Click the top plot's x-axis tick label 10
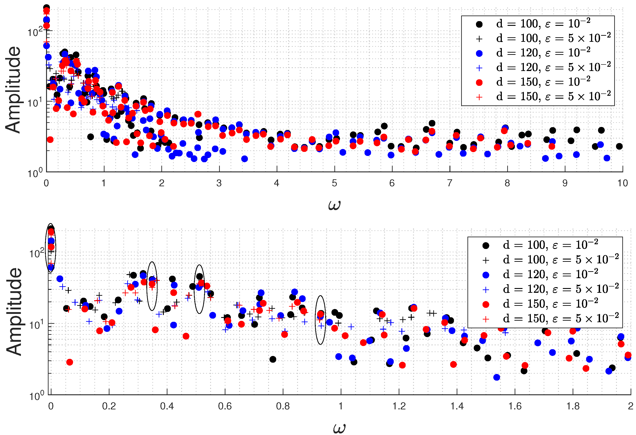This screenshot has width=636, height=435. click(622, 183)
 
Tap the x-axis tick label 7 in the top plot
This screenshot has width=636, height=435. click(449, 183)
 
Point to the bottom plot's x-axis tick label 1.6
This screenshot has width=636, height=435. click(515, 406)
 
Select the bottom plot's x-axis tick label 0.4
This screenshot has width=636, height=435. click(167, 406)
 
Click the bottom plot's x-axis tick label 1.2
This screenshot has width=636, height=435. click(399, 406)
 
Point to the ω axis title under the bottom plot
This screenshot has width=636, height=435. click(339, 428)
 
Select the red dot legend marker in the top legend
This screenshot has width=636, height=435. click(479, 83)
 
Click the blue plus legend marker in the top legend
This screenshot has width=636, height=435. click(479, 68)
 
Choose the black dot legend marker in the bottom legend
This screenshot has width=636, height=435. click(485, 246)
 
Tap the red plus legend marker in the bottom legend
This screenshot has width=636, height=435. click(485, 319)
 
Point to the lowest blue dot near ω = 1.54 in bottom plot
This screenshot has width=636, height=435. click(496, 377)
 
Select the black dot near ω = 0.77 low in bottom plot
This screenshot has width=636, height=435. click(272, 359)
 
